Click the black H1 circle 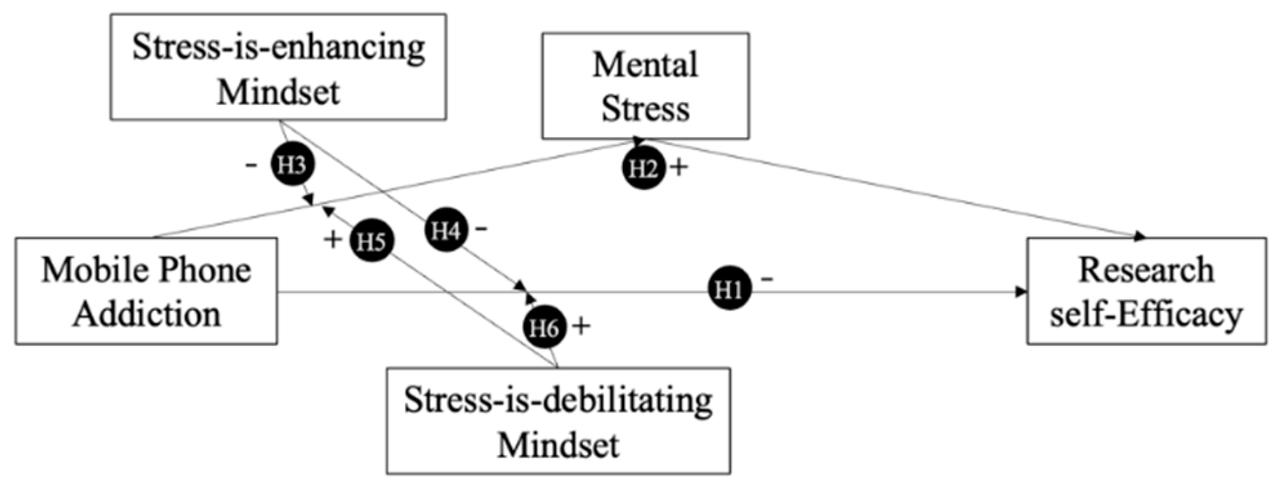point(729,291)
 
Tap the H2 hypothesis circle point(643,169)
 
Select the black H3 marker point(292,165)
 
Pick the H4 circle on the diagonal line point(446,231)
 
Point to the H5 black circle point(371,241)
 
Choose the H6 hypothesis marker point(544,328)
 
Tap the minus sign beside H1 point(767,279)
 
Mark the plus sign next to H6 point(581,326)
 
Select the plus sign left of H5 point(333,240)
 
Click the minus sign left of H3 point(251,165)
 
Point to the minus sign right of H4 point(481,228)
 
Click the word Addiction point(147,315)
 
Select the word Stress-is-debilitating point(558,400)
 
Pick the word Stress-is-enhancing point(279,48)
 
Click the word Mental point(645,65)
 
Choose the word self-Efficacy point(1146,315)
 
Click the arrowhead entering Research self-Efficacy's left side point(1020,292)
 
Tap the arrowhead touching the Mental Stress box point(638,141)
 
